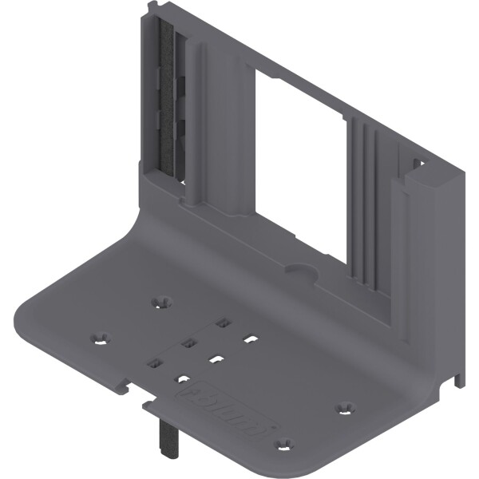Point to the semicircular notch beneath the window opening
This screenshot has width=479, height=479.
[302, 271]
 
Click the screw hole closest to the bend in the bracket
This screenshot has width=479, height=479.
[164, 302]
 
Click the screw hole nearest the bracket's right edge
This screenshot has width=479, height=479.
[345, 408]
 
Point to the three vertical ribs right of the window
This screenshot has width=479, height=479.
[367, 200]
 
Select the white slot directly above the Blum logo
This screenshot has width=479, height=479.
[184, 380]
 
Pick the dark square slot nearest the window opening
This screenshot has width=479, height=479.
[222, 323]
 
